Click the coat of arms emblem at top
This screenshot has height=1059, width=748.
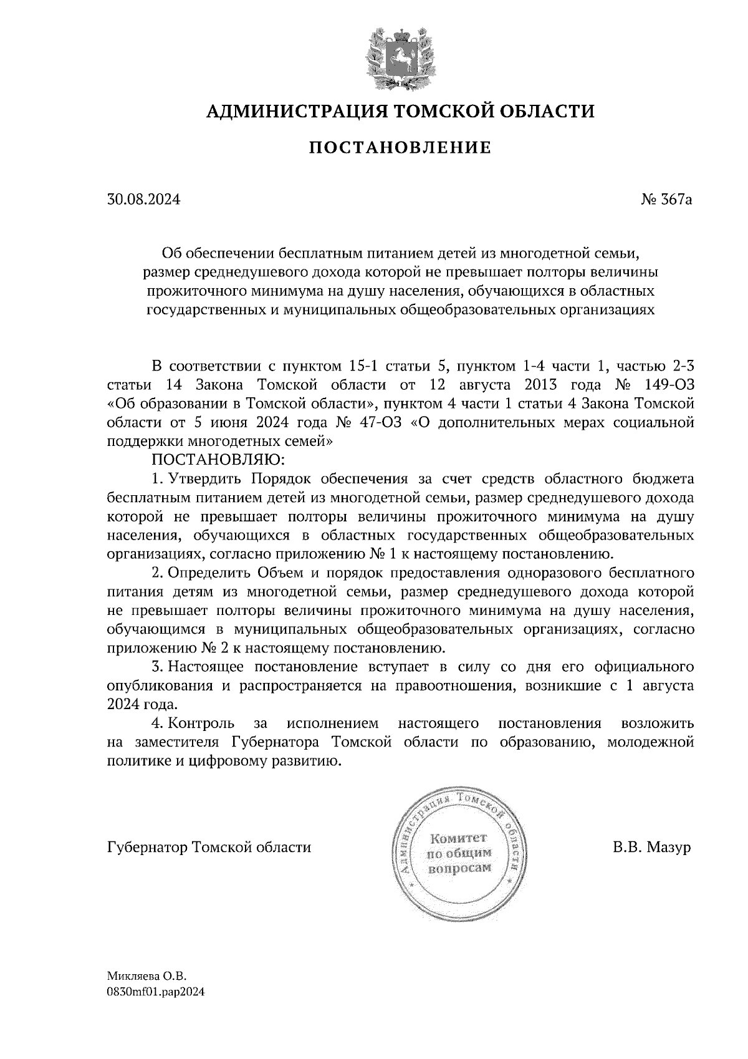[x=400, y=58]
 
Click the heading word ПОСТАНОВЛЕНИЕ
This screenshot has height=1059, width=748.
[x=400, y=148]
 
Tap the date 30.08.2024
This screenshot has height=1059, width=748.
[x=144, y=200]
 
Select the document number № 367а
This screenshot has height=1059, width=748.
[x=667, y=200]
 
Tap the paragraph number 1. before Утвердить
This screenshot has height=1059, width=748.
[x=157, y=479]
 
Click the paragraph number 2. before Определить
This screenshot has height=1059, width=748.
[x=157, y=573]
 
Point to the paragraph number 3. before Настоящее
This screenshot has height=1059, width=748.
[x=157, y=667]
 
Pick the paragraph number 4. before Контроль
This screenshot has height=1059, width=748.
[x=157, y=723]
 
